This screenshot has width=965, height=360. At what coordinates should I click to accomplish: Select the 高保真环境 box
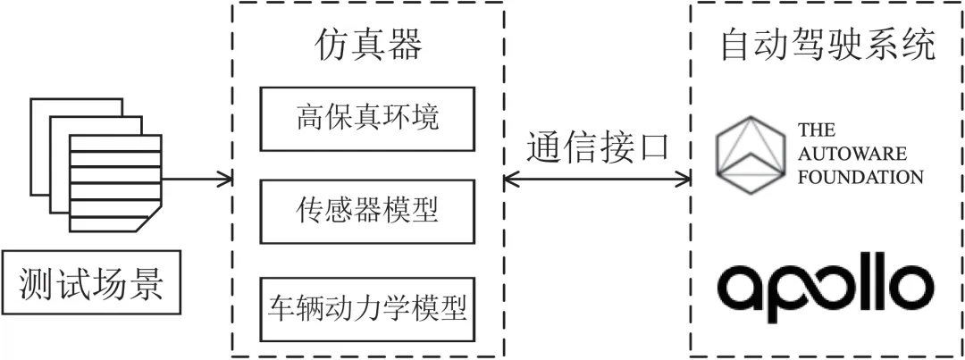coord(368,119)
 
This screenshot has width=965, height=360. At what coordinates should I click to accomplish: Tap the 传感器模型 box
coord(368,211)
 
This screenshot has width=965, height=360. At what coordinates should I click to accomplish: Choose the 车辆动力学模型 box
coord(368,308)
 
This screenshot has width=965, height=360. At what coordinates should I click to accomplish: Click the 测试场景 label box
coord(91,286)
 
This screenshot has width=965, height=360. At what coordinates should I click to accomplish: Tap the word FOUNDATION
coord(860,176)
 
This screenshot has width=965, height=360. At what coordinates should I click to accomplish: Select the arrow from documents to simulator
coord(197,178)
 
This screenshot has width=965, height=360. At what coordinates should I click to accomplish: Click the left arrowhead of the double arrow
coord(510,178)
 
